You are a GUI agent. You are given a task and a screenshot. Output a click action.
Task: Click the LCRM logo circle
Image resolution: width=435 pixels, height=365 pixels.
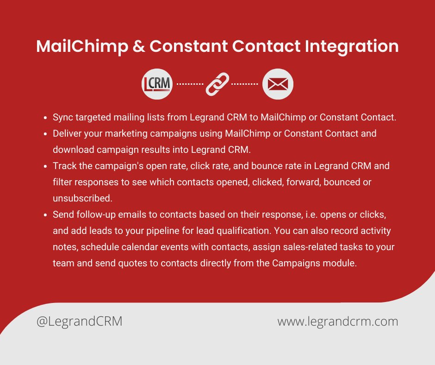coord(157,84)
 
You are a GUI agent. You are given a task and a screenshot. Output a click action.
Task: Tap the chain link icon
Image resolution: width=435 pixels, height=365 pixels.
coord(217,84)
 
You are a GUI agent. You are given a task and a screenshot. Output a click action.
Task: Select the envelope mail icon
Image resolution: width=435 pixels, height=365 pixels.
coord(278,84)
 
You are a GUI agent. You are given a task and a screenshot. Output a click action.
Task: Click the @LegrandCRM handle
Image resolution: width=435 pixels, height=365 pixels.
coord(80,321)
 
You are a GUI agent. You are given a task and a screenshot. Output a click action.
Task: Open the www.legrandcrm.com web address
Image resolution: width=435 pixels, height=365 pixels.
coord(338,321)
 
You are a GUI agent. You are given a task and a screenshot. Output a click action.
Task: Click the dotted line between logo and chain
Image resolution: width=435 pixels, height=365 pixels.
coord(190,84)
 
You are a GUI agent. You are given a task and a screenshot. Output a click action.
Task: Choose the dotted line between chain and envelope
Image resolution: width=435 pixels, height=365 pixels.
coord(244,84)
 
